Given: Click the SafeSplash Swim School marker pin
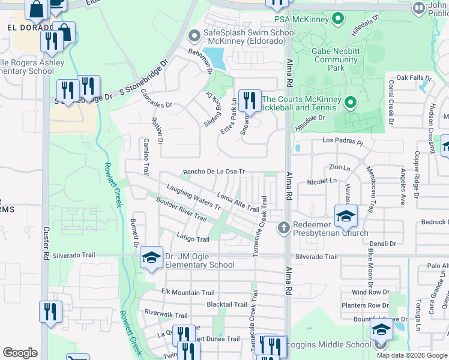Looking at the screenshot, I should click(x=194, y=37).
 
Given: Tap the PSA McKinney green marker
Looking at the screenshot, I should click(x=338, y=19).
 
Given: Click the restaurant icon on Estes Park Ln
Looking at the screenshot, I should click(x=249, y=100).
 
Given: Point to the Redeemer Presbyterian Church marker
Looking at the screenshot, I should click(x=285, y=227).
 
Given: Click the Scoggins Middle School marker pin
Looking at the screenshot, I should click(x=380, y=344).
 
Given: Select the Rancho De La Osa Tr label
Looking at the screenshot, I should click(x=214, y=172).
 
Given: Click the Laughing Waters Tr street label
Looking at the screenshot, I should click(x=194, y=196).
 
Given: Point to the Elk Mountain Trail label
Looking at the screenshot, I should click(x=188, y=293).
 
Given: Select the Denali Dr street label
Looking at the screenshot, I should click(x=384, y=244).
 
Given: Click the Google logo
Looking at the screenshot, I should click(x=20, y=353).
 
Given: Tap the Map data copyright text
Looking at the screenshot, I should click(x=412, y=355).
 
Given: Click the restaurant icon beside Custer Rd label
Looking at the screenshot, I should click(x=50, y=312).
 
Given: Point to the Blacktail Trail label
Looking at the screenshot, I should click(x=226, y=305).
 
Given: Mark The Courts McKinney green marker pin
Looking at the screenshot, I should click(x=351, y=104).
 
